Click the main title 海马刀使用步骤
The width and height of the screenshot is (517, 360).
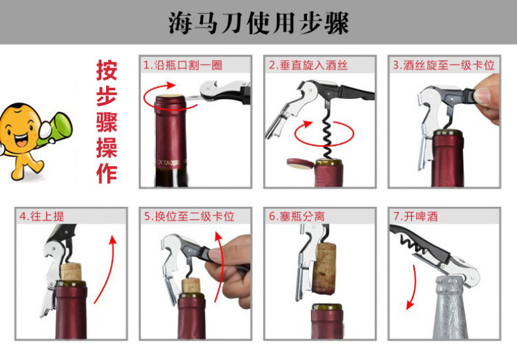click(259, 23)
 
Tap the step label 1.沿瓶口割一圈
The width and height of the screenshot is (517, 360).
click(183, 65)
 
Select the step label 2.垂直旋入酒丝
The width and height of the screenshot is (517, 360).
click(308, 65)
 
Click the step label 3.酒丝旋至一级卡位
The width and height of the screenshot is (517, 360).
click(443, 65)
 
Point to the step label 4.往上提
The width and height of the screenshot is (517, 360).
click(41, 217)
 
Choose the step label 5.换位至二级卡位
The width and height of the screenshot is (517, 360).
click(189, 217)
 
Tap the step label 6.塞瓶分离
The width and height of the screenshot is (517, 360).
click(297, 217)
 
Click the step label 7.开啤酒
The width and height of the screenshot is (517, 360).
click(416, 217)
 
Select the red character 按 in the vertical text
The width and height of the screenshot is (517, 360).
click(107, 70)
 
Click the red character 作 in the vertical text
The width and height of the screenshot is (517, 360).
click(107, 173)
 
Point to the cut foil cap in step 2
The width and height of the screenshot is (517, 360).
click(300, 164)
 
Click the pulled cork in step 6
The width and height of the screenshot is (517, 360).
click(324, 269)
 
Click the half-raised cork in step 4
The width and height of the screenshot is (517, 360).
click(71, 271)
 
